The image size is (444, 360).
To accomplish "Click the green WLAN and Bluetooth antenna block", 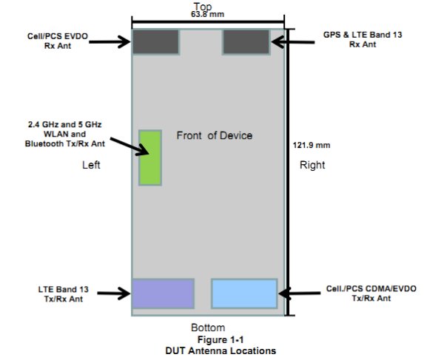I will tap(150, 157).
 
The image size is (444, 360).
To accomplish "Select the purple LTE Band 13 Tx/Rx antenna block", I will tap(163, 293).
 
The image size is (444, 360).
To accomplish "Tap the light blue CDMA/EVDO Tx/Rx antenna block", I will tap(244, 293).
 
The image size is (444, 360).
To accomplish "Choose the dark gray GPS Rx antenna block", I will tap(246, 41).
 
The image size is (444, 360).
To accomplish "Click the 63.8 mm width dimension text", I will tap(209, 14).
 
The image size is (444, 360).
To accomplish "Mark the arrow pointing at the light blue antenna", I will tap(299, 293).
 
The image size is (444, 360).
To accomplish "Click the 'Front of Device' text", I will tap(214, 135).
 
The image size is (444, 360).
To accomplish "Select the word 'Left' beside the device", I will tap(90, 166).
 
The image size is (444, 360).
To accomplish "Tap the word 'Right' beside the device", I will tap(312, 166).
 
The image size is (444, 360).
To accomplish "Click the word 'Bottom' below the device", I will tap(208, 327).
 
